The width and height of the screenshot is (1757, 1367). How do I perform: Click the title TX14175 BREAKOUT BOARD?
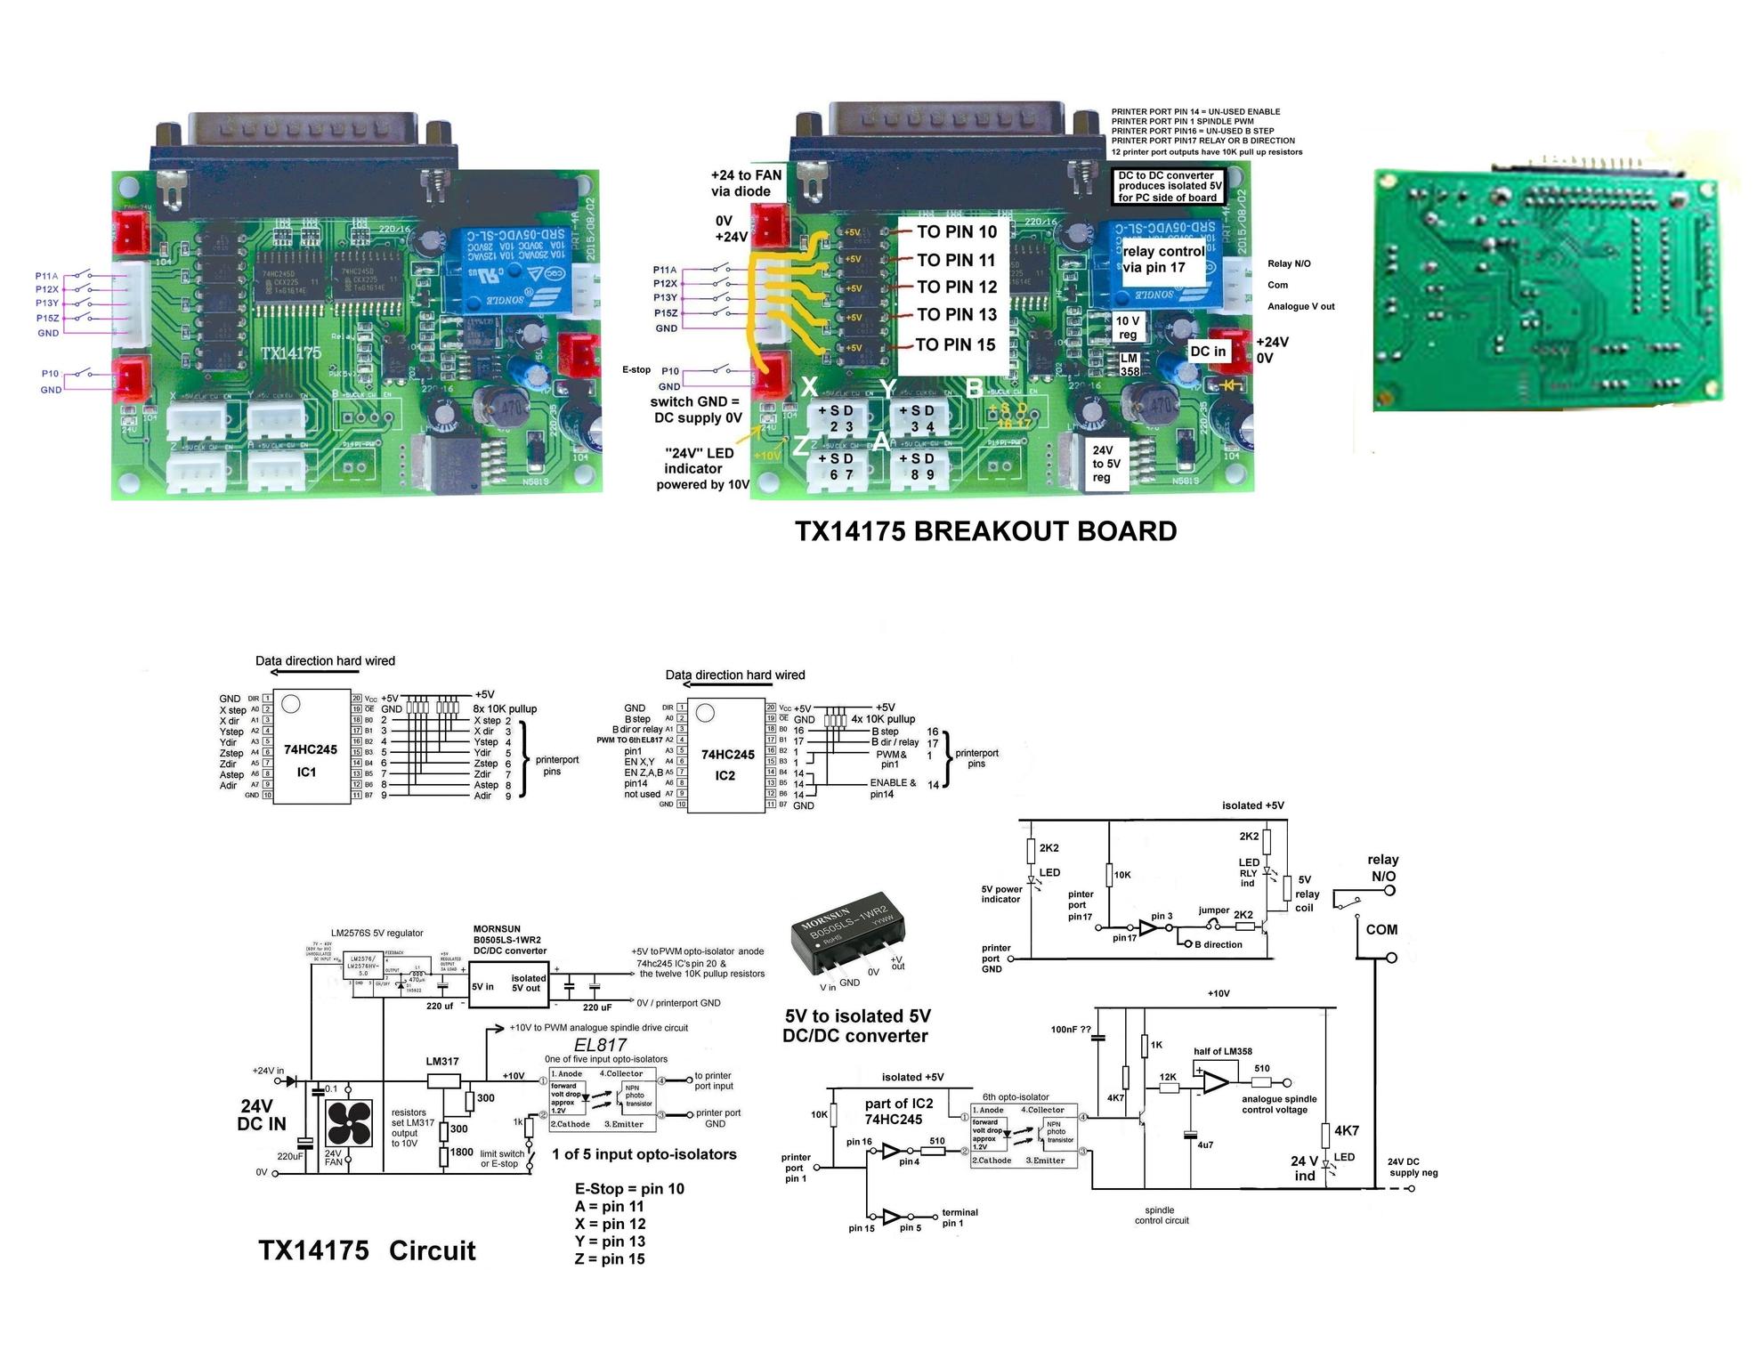tap(985, 531)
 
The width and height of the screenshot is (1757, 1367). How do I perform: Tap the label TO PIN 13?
tap(956, 315)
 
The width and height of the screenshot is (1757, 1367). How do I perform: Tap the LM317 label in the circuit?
tap(442, 1062)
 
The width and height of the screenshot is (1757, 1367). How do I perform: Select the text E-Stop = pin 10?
tap(629, 1189)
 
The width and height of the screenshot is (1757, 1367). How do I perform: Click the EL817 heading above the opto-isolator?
tap(600, 1045)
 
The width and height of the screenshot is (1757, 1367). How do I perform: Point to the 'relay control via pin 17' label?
tap(1163, 259)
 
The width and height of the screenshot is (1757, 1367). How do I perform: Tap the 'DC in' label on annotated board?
tap(1207, 352)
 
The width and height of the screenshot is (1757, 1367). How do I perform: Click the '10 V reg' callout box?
tap(1128, 328)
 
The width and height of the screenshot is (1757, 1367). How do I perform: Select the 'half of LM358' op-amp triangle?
tap(1216, 1082)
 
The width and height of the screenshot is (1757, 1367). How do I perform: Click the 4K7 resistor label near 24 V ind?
tap(1346, 1131)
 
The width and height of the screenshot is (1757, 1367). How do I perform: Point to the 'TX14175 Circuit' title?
tap(367, 1250)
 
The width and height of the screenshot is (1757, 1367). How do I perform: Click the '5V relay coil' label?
tap(1307, 894)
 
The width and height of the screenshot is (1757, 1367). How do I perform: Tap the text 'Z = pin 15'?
tap(610, 1259)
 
